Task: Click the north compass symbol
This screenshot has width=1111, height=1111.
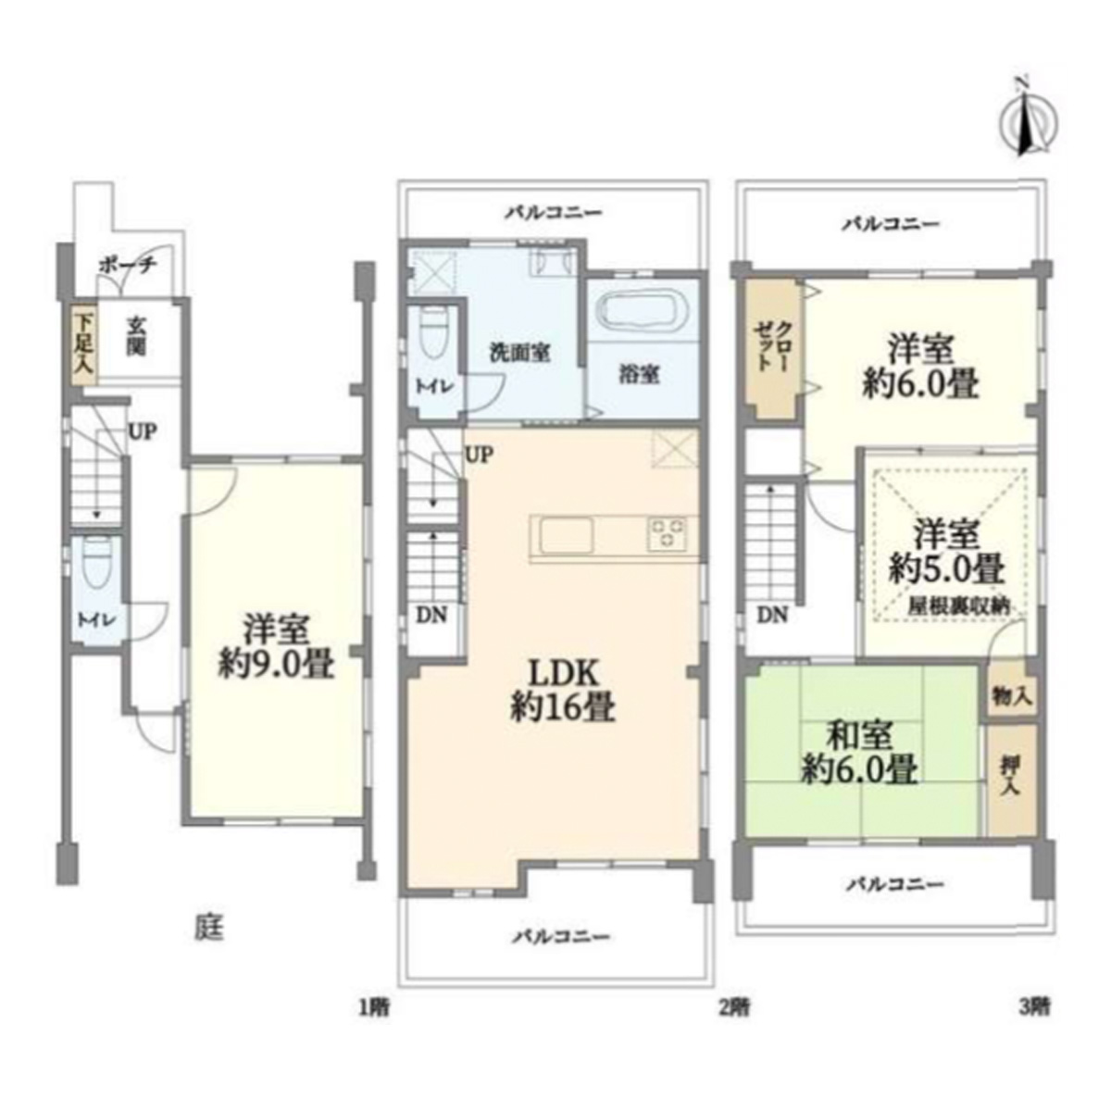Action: tap(1030, 125)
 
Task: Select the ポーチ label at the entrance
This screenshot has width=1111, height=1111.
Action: tap(128, 266)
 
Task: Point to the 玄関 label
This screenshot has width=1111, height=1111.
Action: tap(134, 337)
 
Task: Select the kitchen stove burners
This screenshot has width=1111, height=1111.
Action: tap(668, 534)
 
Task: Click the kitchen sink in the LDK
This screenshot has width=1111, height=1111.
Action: tap(566, 534)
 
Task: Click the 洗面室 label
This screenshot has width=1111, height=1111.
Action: tap(520, 352)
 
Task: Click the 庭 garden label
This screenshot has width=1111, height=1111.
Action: tap(208, 929)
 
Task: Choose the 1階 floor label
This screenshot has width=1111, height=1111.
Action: tap(375, 1008)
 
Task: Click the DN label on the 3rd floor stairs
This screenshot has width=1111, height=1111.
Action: tap(772, 616)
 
